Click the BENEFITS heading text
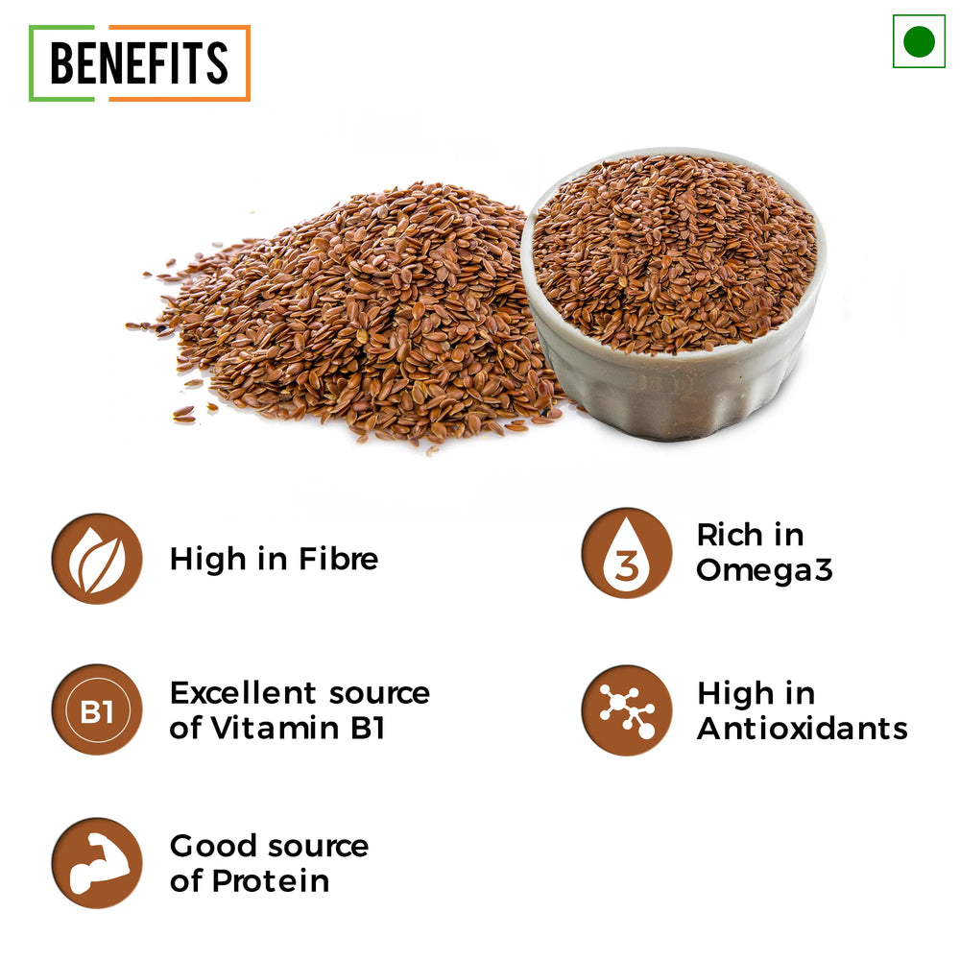(x=139, y=62)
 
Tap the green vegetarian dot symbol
(x=919, y=41)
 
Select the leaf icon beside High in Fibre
(x=97, y=559)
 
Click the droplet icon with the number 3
(x=626, y=553)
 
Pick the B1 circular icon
(x=97, y=710)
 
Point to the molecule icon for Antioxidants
(x=626, y=710)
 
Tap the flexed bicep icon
(x=97, y=863)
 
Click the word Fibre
(x=339, y=559)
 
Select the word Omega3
(x=765, y=570)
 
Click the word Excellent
(x=243, y=693)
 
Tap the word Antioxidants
(x=802, y=729)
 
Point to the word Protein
(x=271, y=881)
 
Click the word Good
(x=213, y=846)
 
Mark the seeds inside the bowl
(x=674, y=251)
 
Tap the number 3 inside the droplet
(x=626, y=565)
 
